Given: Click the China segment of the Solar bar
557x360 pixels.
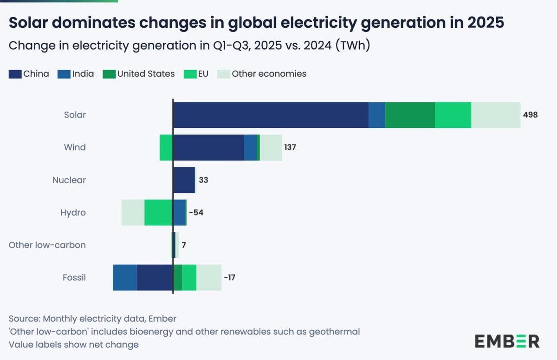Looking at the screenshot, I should [x=271, y=115].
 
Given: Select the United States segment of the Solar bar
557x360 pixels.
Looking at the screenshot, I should [x=410, y=115].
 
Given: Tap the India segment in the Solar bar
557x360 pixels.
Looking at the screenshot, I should [x=377, y=115].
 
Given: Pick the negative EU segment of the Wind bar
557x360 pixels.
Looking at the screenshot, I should [x=166, y=147].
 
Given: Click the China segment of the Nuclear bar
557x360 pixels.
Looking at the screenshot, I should [x=183, y=180].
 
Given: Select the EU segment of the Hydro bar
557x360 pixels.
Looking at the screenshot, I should [x=158, y=212].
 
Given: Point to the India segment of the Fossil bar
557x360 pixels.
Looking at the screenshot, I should [x=124, y=277].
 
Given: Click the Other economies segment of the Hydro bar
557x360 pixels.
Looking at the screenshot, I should [x=133, y=212].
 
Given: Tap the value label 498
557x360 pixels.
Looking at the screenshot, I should [x=530, y=115].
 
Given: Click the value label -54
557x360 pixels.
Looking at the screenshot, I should [x=196, y=213].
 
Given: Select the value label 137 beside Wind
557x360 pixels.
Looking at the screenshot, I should [x=290, y=147].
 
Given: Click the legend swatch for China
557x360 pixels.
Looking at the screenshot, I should [x=14, y=73].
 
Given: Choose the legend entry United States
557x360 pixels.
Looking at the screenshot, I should [x=146, y=73].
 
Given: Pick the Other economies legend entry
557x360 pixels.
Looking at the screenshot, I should [x=269, y=73].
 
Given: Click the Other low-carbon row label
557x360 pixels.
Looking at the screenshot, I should [x=47, y=245].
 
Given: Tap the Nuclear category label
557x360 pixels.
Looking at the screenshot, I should [x=69, y=180].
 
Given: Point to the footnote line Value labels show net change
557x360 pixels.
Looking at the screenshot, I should [x=73, y=345].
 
